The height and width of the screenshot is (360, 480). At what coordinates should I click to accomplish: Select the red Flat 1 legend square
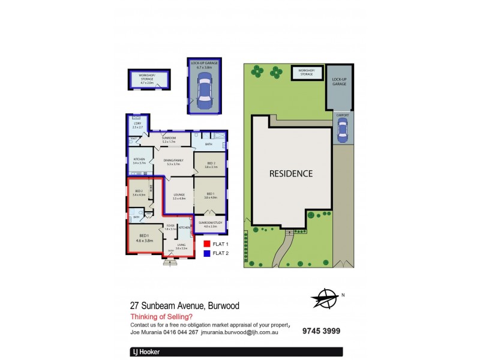coord(206,244)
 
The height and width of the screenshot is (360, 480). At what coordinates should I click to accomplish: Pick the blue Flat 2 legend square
coord(206,253)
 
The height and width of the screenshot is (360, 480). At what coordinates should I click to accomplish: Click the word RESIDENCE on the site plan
coord(291,174)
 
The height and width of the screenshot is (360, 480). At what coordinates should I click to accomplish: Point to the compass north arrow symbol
coord(324,298)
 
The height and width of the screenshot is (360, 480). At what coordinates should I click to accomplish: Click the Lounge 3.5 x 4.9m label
coord(178,196)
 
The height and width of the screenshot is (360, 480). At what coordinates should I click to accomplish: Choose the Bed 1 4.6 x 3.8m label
coord(144,238)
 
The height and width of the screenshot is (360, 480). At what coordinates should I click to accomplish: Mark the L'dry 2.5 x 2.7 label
coord(137,125)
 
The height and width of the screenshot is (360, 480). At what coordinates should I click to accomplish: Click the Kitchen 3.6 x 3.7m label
coord(139,161)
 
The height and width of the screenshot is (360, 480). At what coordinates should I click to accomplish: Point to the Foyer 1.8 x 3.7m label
coord(171,227)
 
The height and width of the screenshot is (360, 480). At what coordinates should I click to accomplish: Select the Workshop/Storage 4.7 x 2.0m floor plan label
coord(147,78)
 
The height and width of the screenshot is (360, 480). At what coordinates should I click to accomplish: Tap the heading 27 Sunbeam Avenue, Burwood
coord(185,305)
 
